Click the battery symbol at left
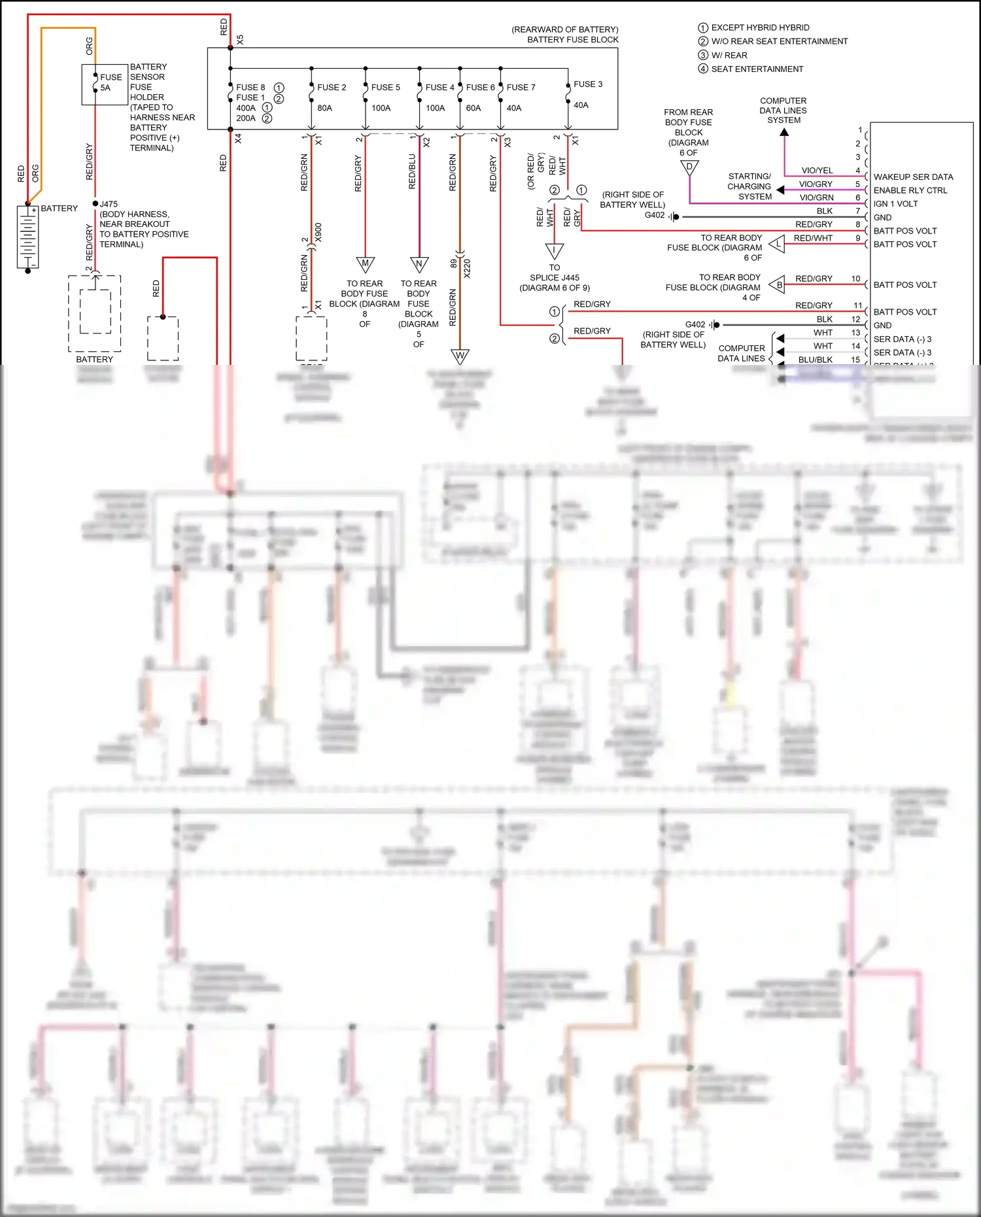pos(27,237)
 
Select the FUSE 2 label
pos(332,88)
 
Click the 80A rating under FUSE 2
pos(324,108)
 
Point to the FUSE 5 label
pos(385,88)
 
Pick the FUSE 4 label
pos(439,88)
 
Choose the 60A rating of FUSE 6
pos(473,108)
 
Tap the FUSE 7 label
pos(521,88)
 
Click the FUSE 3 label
pos(588,84)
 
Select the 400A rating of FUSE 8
pos(246,108)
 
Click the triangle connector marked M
pos(365,264)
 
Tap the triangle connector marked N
pos(419,264)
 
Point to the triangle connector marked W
pos(460,356)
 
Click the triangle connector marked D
pos(689,168)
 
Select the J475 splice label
pos(109,204)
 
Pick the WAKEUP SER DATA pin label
pos(913,177)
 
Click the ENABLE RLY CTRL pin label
pos(910,190)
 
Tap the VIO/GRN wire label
pos(816,197)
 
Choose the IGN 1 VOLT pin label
pos(895,204)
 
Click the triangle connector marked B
pos(778,284)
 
